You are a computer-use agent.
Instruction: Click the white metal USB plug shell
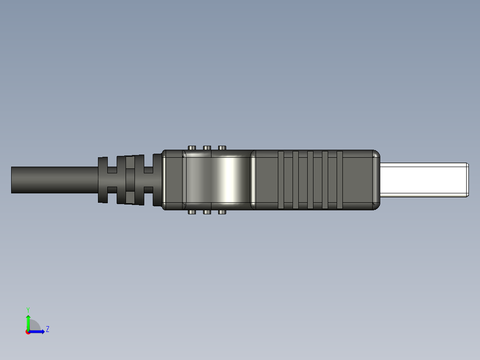pyautogui.click(x=423, y=180)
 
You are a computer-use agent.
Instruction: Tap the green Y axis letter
pyautogui.click(x=28, y=309)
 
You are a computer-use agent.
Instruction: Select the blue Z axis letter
pyautogui.click(x=47, y=329)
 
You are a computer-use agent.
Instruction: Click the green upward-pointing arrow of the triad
pyautogui.click(x=28, y=320)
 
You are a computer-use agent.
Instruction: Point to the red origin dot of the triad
pyautogui.click(x=28, y=332)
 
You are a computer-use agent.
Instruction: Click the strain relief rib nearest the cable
pyautogui.click(x=102, y=180)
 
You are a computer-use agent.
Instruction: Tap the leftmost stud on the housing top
pyautogui.click(x=192, y=147)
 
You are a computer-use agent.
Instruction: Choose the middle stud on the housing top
pyautogui.click(x=207, y=147)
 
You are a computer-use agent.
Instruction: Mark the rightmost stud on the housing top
pyautogui.click(x=222, y=147)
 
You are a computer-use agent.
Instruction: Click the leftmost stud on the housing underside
pyautogui.click(x=192, y=212)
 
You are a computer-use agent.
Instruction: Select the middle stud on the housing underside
pyautogui.click(x=207, y=212)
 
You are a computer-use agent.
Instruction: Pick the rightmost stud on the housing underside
pyautogui.click(x=222, y=212)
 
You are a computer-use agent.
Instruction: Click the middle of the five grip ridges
pyautogui.click(x=310, y=180)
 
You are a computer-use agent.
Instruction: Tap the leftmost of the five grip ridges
pyautogui.click(x=281, y=180)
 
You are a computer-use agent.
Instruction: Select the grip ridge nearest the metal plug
pyautogui.click(x=339, y=180)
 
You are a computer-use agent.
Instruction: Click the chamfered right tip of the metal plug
pyautogui.click(x=467, y=180)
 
